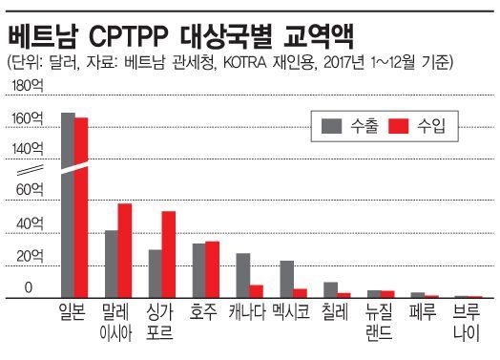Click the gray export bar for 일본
pyautogui.click(x=68, y=205)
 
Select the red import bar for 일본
pyautogui.click(x=81, y=208)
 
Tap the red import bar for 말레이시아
pyautogui.click(x=124, y=251)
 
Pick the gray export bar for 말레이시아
pyautogui.click(x=111, y=265)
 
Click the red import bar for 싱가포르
pyautogui.click(x=168, y=255)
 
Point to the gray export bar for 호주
pyautogui.click(x=198, y=271)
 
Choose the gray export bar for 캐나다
pyautogui.click(x=242, y=276)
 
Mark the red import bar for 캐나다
pyautogui.click(x=256, y=291)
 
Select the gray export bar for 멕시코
pyautogui.click(x=286, y=279)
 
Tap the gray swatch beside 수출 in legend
pyautogui.click(x=333, y=125)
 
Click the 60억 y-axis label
pyautogui.click(x=30, y=190)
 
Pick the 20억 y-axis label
pyautogui.click(x=30, y=255)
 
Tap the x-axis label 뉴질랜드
pyautogui.click(x=379, y=321)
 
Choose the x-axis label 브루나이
pyautogui.click(x=467, y=321)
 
